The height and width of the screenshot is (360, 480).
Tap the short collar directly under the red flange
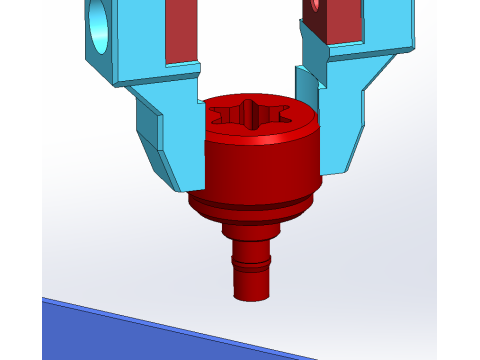point(250,227)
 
